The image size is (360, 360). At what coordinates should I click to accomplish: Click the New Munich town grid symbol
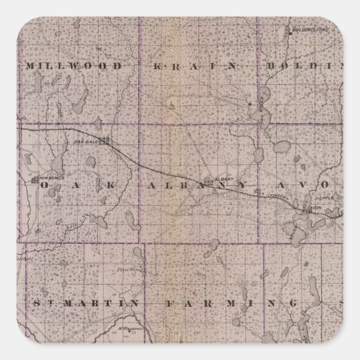click(35, 179)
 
